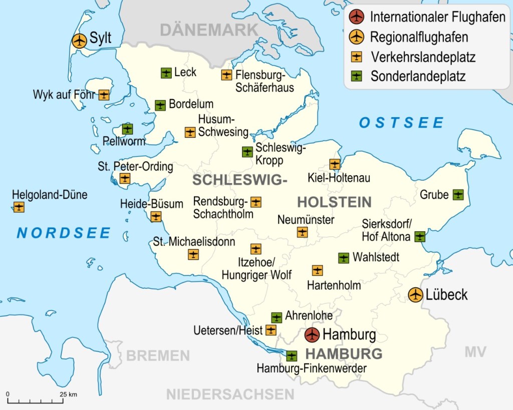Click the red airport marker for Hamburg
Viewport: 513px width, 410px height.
point(312,334)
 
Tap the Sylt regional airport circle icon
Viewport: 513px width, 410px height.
point(79,41)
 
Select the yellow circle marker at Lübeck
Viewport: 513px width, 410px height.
point(415,295)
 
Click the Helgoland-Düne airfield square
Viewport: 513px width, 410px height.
point(19,207)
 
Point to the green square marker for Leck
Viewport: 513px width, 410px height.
point(166,73)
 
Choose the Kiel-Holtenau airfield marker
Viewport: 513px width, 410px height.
point(335,164)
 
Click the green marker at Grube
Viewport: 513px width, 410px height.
point(458,194)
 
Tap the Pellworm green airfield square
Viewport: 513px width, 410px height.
point(128,129)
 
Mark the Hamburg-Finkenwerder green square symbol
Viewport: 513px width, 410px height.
point(292,356)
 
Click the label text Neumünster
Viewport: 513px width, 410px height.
point(306,220)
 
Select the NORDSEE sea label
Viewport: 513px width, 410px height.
point(64,233)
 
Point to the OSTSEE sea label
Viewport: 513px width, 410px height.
point(401,123)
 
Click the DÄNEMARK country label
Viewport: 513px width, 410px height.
point(209,30)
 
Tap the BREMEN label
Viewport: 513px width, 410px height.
point(158,356)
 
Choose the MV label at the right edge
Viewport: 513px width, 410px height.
point(475,352)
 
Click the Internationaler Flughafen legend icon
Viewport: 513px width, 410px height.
point(356,17)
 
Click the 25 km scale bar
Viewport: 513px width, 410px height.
point(35,400)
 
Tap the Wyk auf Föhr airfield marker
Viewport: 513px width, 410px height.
point(104,95)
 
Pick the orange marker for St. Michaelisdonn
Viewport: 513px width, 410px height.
point(193,254)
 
